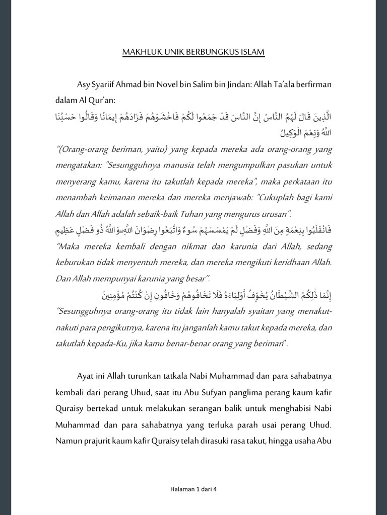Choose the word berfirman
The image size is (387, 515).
[x=313, y=83]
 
